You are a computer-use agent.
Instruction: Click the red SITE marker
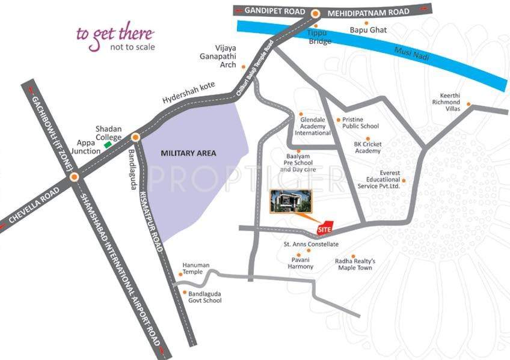point(324,226)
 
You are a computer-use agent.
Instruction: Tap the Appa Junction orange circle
point(74,177)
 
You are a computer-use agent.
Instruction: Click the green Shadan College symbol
point(108,145)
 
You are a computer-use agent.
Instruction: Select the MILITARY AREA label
point(188,153)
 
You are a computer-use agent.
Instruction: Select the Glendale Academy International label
point(316,126)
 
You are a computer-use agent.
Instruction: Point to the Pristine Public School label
point(360,123)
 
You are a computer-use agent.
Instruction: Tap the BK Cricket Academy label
point(367,147)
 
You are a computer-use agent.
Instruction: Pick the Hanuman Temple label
point(193,268)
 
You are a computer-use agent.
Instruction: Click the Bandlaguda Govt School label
point(205,296)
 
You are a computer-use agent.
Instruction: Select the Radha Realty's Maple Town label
point(355,264)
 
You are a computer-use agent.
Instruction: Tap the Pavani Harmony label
point(300,263)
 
